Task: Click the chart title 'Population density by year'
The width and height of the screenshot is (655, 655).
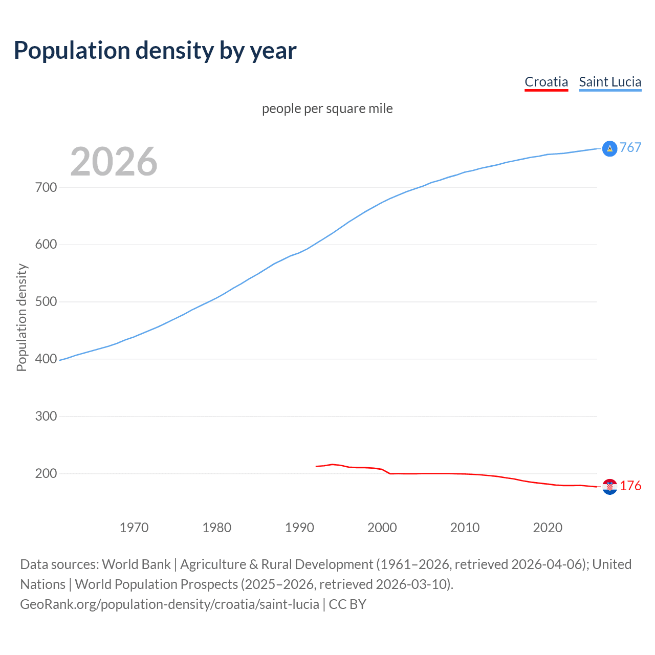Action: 155,51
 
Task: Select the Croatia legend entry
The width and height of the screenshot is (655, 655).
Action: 546,82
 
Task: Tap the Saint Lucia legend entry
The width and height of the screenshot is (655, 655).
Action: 610,82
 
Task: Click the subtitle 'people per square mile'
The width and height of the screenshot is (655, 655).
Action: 327,108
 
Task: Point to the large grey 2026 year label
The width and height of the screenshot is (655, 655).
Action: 114,162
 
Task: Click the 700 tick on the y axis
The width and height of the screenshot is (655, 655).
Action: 46,187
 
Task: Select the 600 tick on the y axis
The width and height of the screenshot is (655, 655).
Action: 46,245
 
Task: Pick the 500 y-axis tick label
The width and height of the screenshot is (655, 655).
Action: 46,302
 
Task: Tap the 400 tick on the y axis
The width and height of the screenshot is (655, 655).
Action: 46,359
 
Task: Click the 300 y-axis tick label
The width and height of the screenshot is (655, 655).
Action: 46,417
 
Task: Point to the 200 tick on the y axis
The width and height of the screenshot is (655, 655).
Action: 46,474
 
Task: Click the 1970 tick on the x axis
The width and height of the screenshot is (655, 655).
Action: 134,528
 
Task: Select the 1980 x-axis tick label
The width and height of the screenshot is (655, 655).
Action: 217,528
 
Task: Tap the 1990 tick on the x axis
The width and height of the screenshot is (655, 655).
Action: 299,528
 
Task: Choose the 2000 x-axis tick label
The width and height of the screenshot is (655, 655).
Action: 382,528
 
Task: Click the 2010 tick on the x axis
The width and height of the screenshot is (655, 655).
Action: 465,528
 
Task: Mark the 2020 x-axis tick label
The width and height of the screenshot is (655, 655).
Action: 548,528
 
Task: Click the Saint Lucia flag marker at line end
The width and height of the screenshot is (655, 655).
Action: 609,148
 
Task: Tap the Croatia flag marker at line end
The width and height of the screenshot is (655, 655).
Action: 609,487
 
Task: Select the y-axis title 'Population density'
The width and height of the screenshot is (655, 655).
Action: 21,317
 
